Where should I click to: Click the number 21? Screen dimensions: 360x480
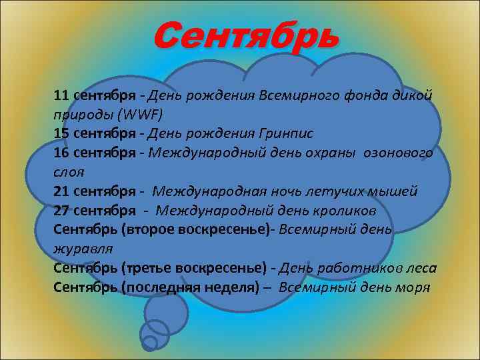[x=61, y=191]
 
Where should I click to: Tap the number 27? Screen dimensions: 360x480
[x=61, y=211]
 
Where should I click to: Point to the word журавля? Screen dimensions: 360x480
[x=83, y=248]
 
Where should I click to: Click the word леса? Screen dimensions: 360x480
[x=421, y=268]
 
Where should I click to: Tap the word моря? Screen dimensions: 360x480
[x=413, y=287]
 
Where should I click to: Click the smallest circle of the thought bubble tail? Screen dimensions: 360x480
[x=150, y=343]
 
